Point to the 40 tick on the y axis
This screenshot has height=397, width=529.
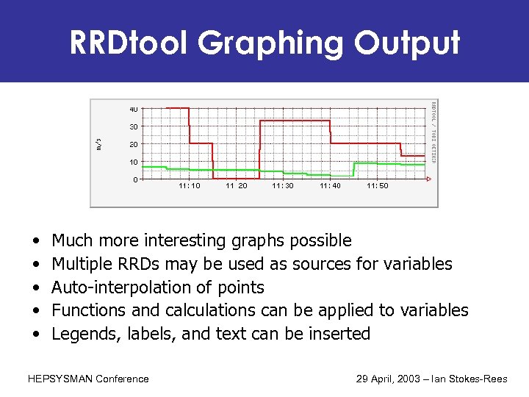coord(134,109)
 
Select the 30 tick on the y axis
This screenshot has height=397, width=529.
coord(134,126)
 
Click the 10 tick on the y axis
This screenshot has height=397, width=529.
coord(134,162)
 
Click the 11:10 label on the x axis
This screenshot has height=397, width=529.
coord(189,187)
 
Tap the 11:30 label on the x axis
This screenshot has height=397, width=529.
coord(283,187)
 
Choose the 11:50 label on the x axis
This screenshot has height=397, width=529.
coord(378,187)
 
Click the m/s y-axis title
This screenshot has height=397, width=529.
coord(100,143)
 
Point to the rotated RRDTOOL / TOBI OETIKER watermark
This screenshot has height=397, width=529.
coord(433,132)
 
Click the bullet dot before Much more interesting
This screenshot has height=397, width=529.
coord(36,241)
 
